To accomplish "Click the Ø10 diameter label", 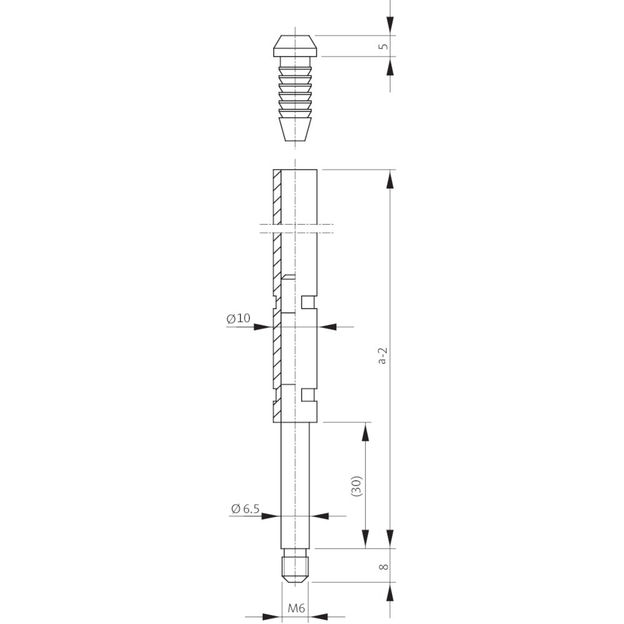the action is [238, 318].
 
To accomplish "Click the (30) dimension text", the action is [356, 485].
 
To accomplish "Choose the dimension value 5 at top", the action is [384, 46].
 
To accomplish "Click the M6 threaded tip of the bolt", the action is [295, 565].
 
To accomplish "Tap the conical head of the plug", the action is [295, 46].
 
